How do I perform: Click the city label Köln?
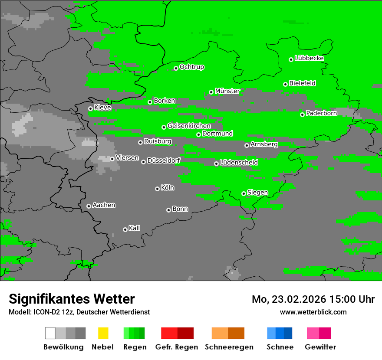168,188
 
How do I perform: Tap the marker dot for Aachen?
89,206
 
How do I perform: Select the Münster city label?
227,91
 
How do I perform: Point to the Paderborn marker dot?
302,115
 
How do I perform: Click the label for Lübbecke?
309,58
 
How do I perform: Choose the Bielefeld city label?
302,83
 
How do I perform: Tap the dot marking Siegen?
244,193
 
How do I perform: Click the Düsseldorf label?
164,160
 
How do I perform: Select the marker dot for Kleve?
90,108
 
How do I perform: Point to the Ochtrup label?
191,67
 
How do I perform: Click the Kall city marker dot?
125,229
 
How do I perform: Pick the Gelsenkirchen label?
189,126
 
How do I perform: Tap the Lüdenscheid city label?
239,163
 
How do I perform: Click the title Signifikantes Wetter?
72,299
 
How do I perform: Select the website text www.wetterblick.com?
313,312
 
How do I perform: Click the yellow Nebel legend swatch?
103,333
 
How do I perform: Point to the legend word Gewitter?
320,347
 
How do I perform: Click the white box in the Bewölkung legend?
50,333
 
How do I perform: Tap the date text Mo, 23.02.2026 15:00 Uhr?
313,299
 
